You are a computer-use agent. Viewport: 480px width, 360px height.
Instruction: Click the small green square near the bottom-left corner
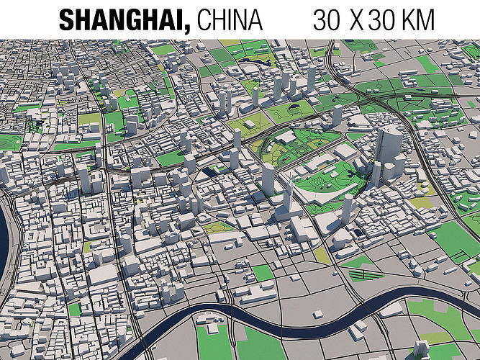point(74,309)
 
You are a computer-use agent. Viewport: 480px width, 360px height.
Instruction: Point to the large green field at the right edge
point(458,238)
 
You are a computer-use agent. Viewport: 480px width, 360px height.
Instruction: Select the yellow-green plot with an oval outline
point(216,228)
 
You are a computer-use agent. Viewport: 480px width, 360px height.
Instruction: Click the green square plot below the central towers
point(263,272)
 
